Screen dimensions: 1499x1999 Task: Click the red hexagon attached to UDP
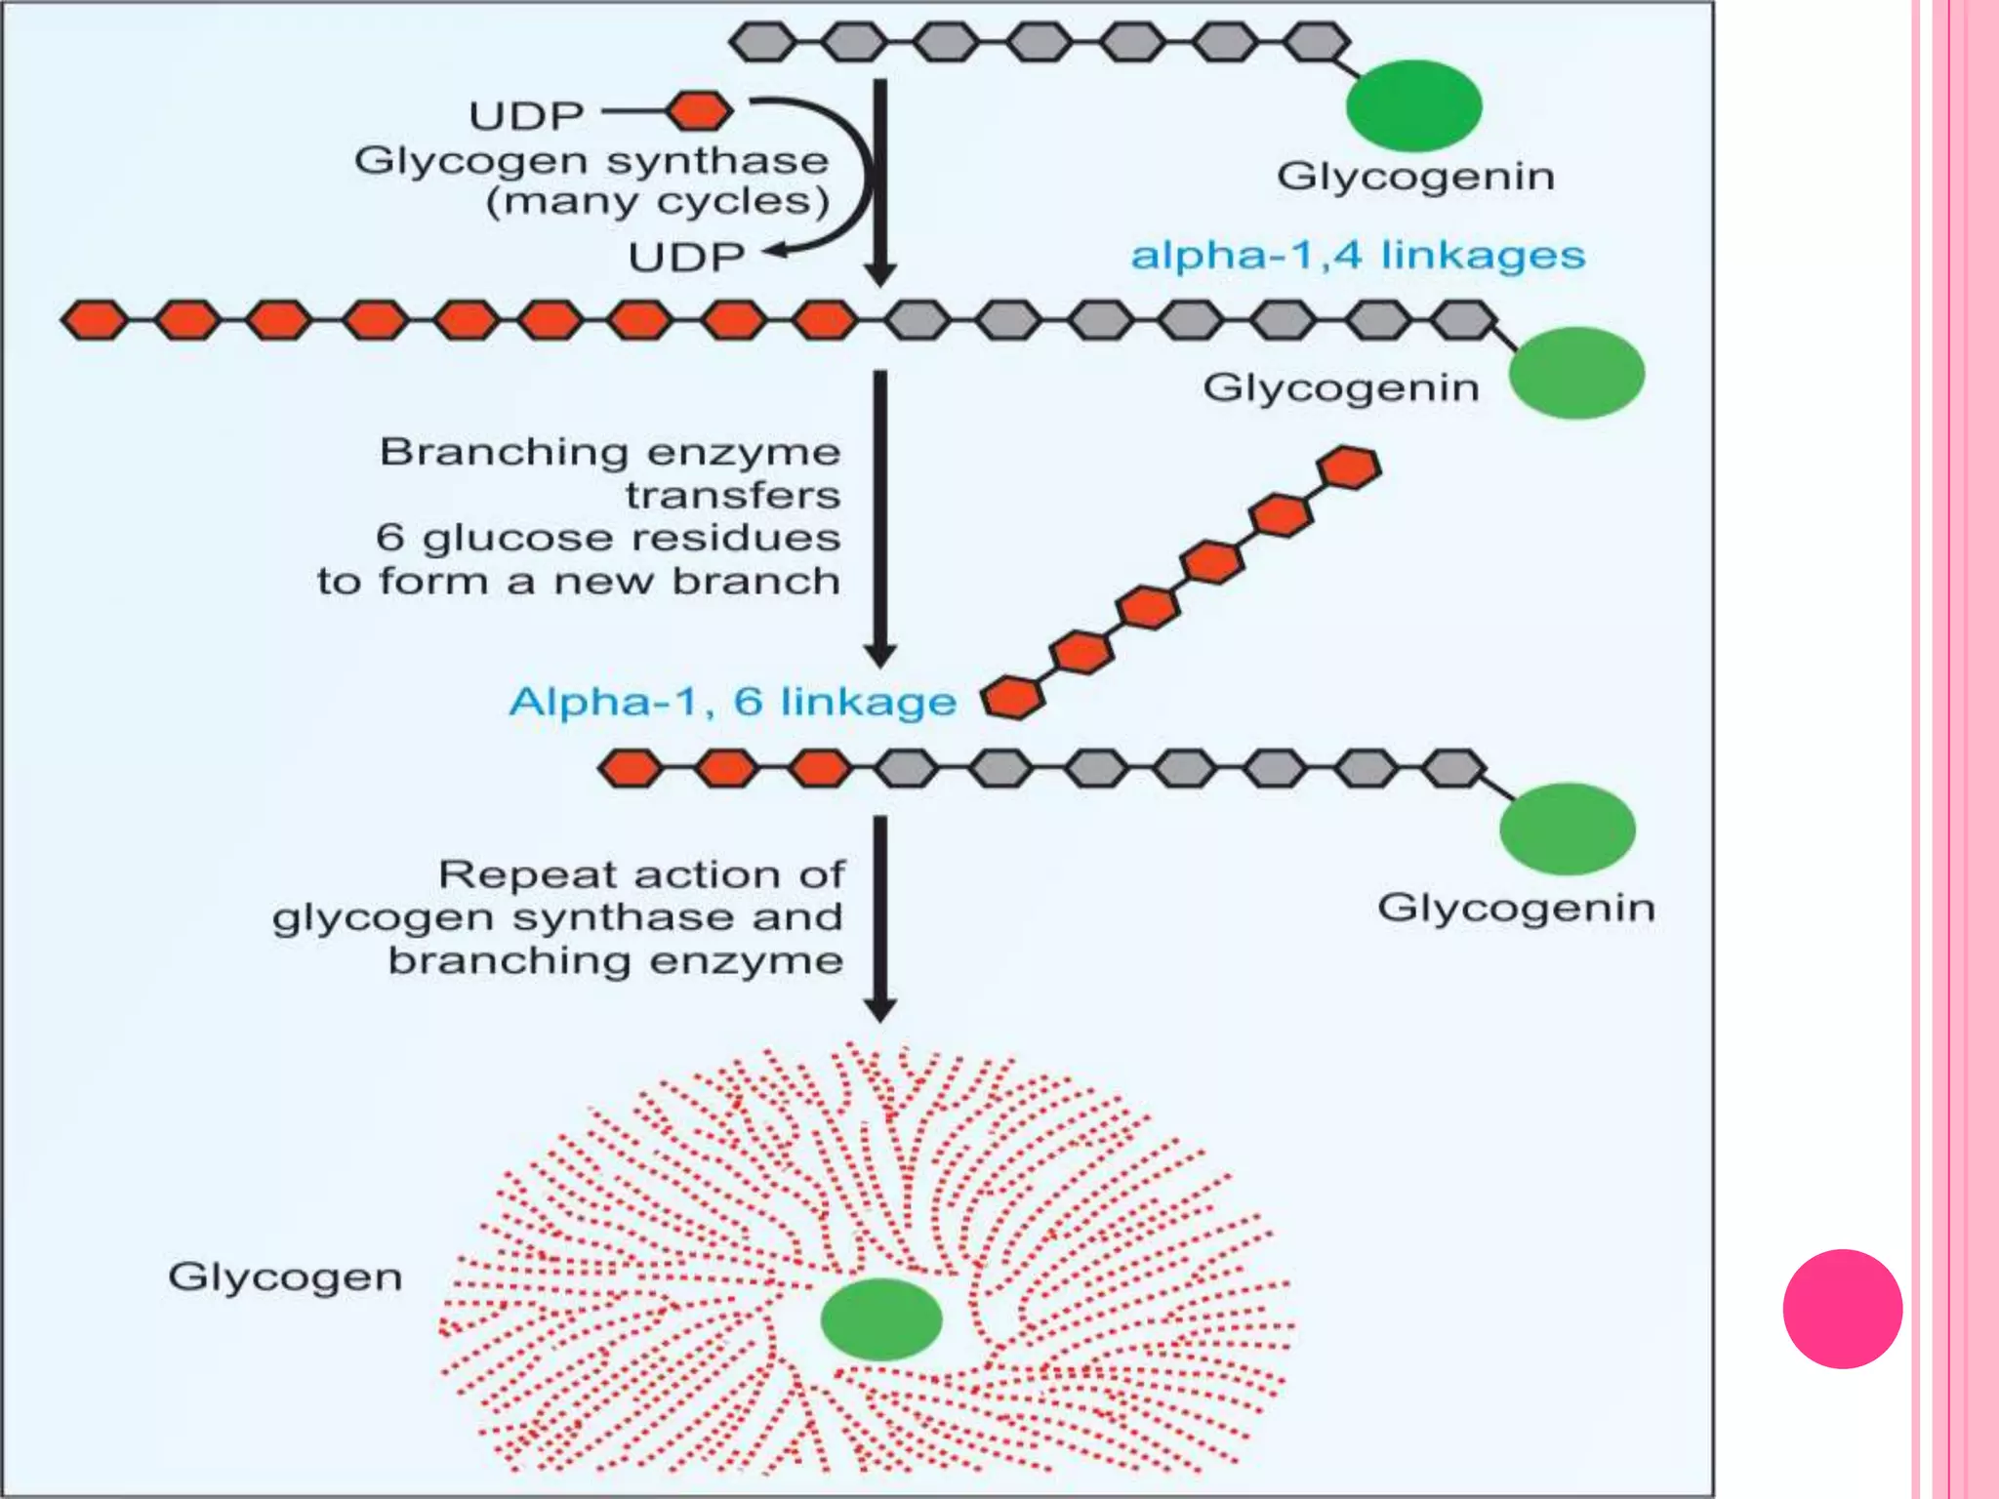pyautogui.click(x=700, y=111)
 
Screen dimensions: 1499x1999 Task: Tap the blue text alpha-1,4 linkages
pyautogui.click(x=1357, y=256)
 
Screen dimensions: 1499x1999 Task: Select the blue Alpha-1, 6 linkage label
pyautogui.click(x=732, y=702)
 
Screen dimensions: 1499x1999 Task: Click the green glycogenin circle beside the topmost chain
pyautogui.click(x=1413, y=105)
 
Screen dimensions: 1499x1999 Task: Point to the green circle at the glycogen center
pyautogui.click(x=880, y=1319)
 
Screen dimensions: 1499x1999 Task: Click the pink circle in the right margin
pyautogui.click(x=1842, y=1309)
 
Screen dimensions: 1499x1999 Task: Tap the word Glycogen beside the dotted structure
pyautogui.click(x=285, y=1277)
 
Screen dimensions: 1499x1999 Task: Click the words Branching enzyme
pyautogui.click(x=609, y=452)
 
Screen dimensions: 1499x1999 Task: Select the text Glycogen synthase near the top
pyautogui.click(x=592, y=160)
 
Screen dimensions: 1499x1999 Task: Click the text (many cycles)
pyautogui.click(x=658, y=202)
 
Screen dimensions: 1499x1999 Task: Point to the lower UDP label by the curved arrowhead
pyautogui.click(x=686, y=258)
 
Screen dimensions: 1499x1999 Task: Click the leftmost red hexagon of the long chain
pyautogui.click(x=95, y=320)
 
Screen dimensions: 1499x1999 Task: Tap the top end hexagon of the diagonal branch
pyautogui.click(x=1349, y=467)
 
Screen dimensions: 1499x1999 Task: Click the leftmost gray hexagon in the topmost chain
pyautogui.click(x=763, y=42)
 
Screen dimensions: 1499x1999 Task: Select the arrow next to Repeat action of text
pyautogui.click(x=880, y=917)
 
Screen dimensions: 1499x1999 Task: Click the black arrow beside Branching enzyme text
pyautogui.click(x=880, y=517)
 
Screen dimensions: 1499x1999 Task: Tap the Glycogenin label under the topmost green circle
pyautogui.click(x=1415, y=177)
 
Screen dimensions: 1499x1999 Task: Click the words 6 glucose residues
pyautogui.click(x=607, y=538)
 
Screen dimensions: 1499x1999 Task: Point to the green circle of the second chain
pyautogui.click(x=1575, y=373)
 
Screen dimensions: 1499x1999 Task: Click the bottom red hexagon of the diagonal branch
pyautogui.click(x=1012, y=698)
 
